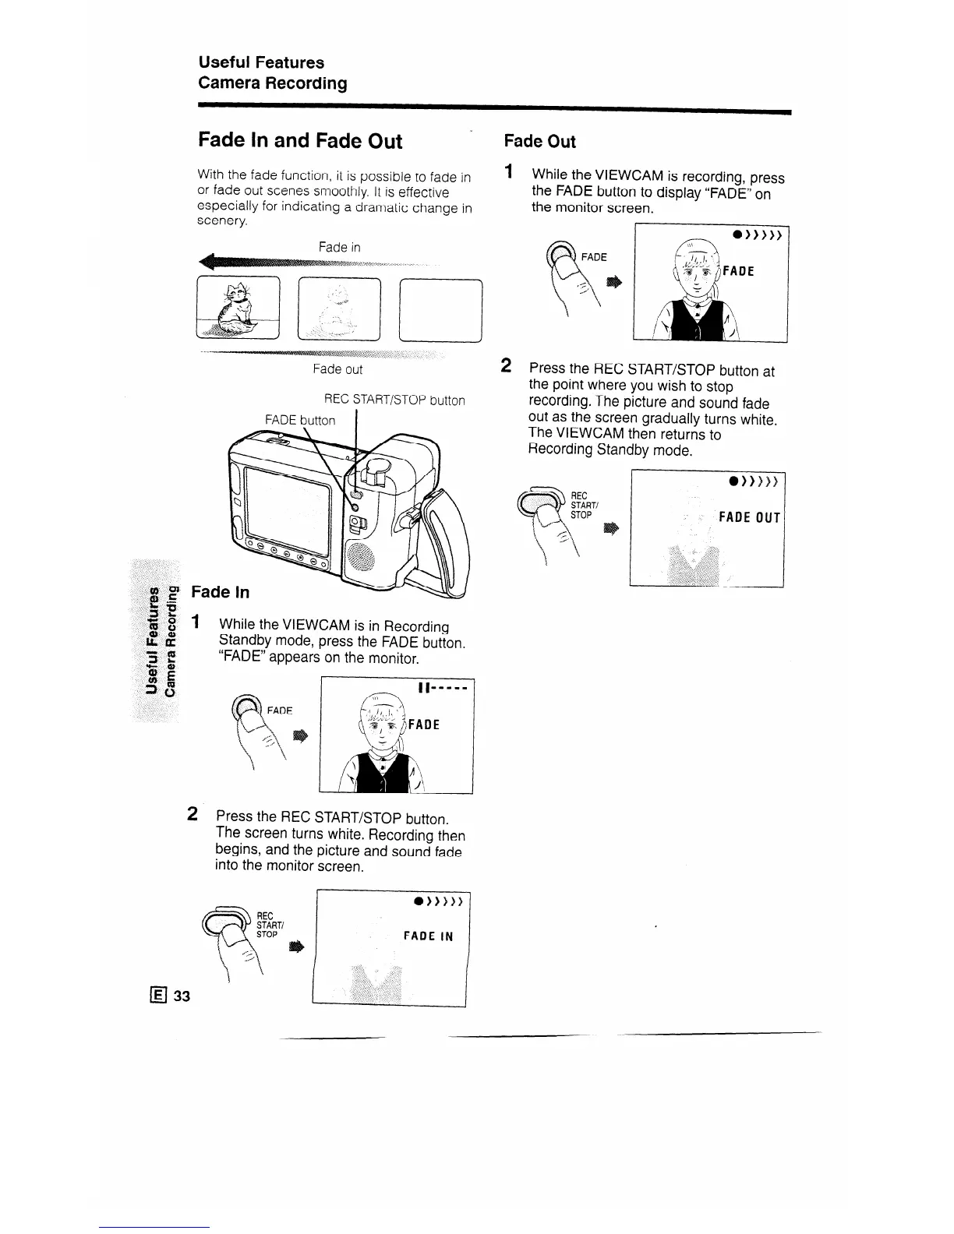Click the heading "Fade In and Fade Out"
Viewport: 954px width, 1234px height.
(300, 141)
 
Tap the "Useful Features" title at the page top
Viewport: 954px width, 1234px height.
(261, 62)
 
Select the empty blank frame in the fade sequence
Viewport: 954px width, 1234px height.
(440, 309)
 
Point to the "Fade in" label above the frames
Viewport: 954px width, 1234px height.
(339, 247)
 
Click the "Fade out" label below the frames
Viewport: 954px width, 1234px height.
(337, 369)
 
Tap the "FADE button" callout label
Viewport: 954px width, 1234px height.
(300, 421)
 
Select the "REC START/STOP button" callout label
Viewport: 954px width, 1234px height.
(394, 400)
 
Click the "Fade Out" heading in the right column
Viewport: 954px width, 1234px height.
(539, 142)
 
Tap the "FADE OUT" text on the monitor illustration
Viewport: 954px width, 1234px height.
(749, 517)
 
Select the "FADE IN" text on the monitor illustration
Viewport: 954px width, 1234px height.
(428, 936)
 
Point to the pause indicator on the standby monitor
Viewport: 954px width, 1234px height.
(423, 689)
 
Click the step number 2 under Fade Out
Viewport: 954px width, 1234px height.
(506, 365)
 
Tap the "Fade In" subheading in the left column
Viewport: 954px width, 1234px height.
(221, 592)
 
